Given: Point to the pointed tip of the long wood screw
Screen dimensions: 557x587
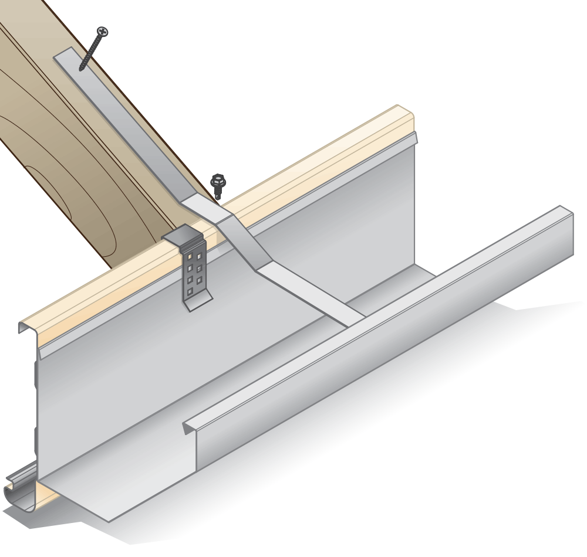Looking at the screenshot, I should (81, 69).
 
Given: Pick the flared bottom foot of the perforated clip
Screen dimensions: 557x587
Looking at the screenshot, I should (197, 304).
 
